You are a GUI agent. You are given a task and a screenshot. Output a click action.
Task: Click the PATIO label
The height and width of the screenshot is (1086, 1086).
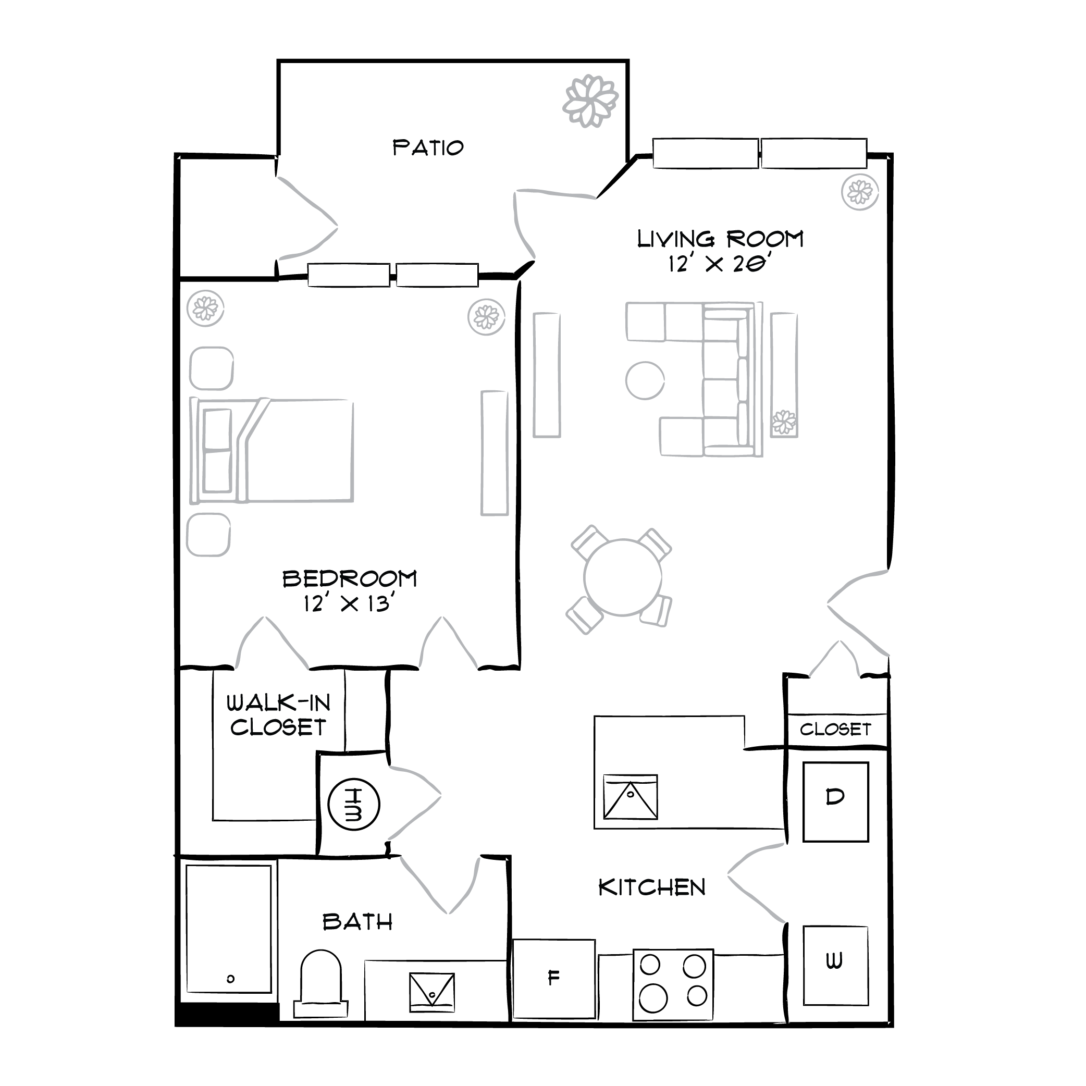[428, 148]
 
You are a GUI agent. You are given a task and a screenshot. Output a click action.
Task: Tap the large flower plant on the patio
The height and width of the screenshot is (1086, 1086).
[590, 101]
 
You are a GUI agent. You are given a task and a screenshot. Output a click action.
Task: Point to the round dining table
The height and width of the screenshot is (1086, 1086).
[622, 577]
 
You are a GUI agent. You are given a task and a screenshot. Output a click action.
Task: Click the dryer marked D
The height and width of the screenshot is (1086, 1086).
[835, 801]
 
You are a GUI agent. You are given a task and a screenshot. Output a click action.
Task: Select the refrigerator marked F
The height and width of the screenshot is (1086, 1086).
[553, 979]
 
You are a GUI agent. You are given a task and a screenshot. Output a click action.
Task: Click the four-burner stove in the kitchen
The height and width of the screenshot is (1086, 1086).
[673, 985]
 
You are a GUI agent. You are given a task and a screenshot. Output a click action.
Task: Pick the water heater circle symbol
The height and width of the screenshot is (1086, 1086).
[353, 805]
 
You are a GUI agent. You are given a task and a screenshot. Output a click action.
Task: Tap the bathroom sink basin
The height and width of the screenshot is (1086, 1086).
[431, 993]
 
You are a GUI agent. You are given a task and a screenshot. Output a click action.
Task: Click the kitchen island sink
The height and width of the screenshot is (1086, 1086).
[630, 797]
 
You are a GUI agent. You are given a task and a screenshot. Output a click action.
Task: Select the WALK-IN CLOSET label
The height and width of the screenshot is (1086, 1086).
[278, 715]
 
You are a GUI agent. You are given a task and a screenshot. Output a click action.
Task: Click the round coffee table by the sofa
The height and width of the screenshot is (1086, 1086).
[645, 380]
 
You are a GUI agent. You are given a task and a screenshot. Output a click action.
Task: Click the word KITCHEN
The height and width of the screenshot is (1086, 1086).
[651, 888]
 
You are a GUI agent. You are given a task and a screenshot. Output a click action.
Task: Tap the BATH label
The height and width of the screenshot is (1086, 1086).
[357, 922]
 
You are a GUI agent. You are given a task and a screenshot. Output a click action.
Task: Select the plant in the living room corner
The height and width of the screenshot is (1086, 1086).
[859, 193]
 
